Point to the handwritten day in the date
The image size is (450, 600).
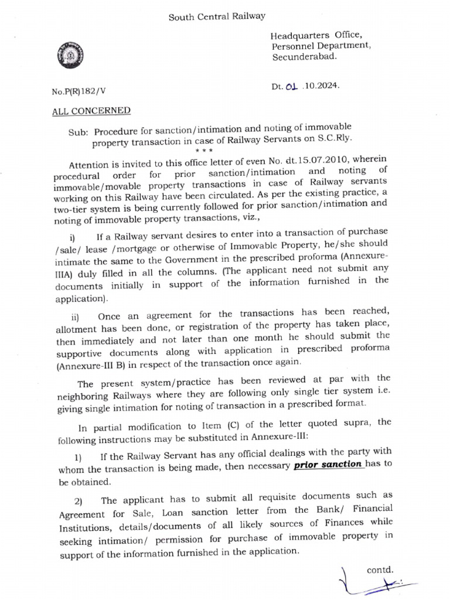coord(292,86)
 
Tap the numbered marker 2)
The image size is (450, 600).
coord(79,501)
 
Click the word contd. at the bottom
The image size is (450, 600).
coord(380,569)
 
